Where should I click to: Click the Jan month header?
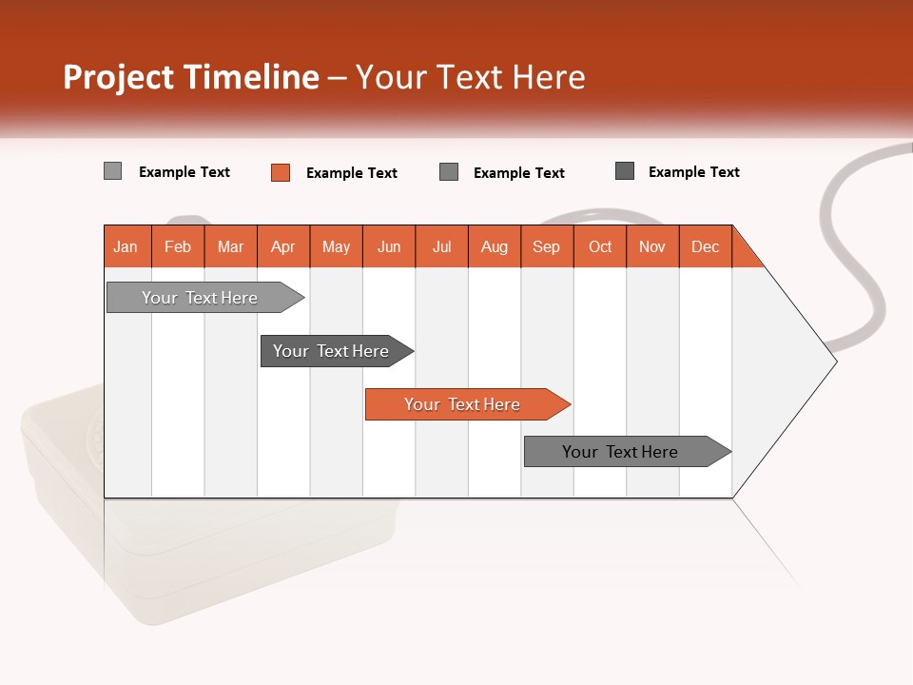(126, 246)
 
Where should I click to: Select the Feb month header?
(178, 246)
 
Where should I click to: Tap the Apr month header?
(283, 246)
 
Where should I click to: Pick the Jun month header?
(389, 246)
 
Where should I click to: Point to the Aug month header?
(495, 246)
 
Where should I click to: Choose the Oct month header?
(600, 246)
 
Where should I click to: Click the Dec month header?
(706, 246)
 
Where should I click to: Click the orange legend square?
(281, 172)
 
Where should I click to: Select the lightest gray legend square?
(113, 171)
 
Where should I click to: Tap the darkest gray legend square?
(625, 171)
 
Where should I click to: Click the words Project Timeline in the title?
(191, 77)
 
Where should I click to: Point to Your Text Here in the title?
(471, 77)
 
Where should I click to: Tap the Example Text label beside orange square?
(352, 173)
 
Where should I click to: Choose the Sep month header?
(547, 246)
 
